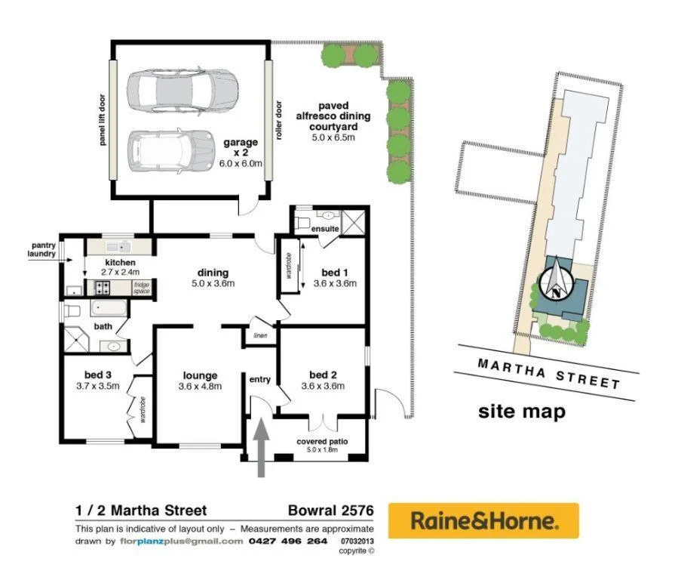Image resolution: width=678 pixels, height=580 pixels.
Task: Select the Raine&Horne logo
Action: (483, 520)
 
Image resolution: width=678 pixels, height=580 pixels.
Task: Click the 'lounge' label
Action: (200, 375)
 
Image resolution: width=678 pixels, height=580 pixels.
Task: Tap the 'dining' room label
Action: (213, 273)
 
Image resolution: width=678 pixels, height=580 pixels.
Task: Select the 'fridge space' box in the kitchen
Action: (142, 288)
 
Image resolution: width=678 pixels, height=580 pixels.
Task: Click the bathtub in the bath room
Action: (109, 308)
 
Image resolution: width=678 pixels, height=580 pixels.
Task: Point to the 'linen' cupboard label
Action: (260, 335)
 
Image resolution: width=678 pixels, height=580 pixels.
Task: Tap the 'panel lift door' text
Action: (103, 119)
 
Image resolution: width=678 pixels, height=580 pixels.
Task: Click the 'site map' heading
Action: (521, 412)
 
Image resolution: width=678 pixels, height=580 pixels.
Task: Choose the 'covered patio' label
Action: (321, 442)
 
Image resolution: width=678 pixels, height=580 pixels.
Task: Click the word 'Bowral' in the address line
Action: (313, 511)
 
